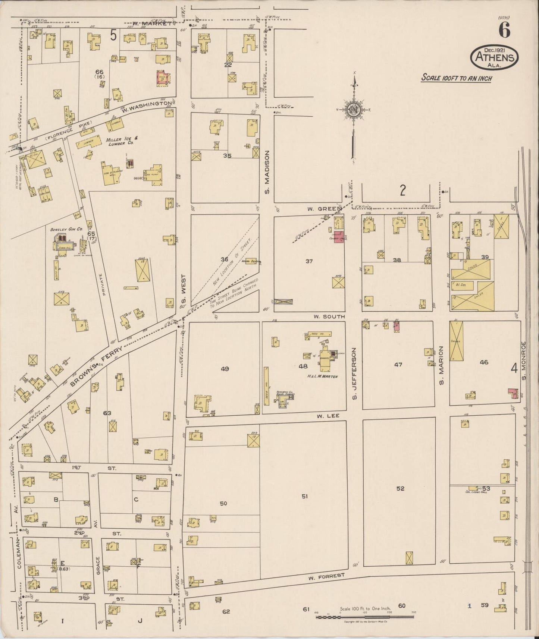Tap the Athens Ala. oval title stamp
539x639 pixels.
click(496, 58)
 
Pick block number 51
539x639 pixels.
click(305, 496)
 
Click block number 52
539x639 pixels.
click(400, 488)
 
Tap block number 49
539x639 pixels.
click(225, 369)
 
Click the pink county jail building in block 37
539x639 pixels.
click(339, 237)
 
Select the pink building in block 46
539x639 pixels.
click(513, 393)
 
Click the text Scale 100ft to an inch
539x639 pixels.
click(456, 78)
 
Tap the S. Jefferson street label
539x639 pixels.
click(354, 374)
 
